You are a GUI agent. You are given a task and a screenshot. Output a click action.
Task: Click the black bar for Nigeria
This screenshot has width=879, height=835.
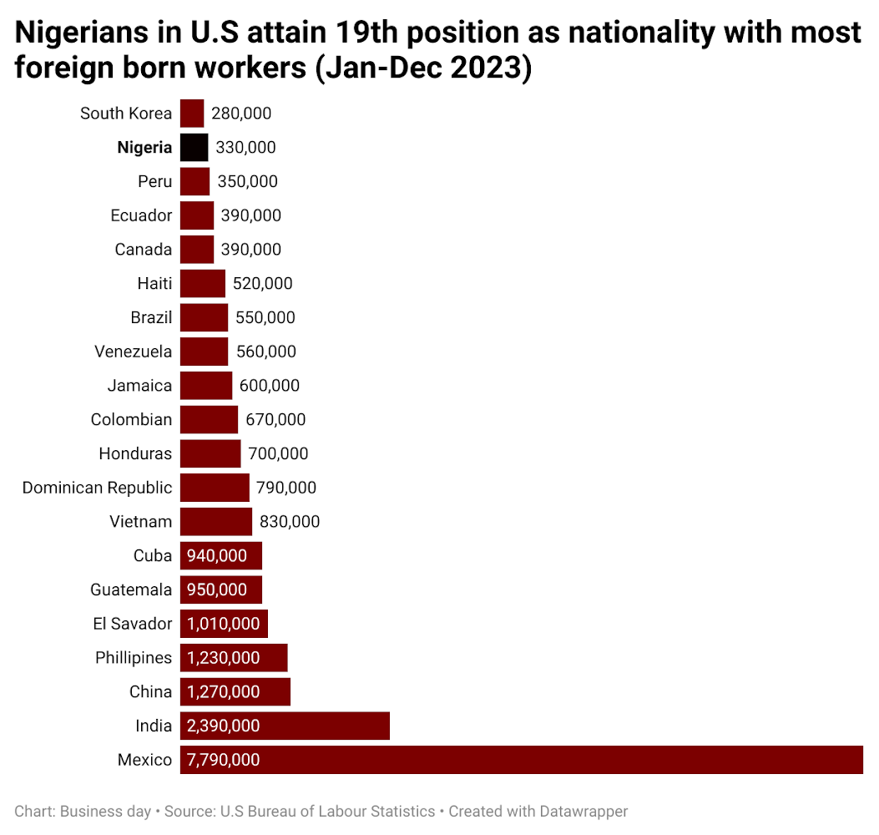pyautogui.click(x=194, y=148)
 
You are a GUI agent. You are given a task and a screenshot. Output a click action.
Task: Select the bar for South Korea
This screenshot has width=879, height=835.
pyautogui.click(x=192, y=114)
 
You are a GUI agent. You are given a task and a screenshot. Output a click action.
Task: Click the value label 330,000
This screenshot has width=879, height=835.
pyautogui.click(x=245, y=148)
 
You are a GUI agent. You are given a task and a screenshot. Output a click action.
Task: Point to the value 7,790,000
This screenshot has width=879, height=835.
pyautogui.click(x=223, y=760)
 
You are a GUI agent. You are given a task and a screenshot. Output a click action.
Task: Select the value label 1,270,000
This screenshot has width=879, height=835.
pyautogui.click(x=223, y=692)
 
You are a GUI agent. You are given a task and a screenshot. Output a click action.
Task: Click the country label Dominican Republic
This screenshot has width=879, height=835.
pyautogui.click(x=97, y=488)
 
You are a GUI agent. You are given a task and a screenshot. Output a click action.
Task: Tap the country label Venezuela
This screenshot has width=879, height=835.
pyautogui.click(x=134, y=352)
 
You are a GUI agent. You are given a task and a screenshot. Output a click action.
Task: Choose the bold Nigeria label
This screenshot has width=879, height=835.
pyautogui.click(x=144, y=148)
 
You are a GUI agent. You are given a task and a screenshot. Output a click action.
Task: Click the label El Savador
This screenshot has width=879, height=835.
pyautogui.click(x=133, y=624)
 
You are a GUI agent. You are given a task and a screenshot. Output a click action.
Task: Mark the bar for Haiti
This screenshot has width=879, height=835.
pyautogui.click(x=203, y=284)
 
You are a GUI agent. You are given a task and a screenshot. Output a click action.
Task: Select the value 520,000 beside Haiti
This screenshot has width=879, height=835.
pyautogui.click(x=263, y=284)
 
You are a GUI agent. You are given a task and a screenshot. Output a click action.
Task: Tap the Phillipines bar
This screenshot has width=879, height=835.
pyautogui.click(x=234, y=658)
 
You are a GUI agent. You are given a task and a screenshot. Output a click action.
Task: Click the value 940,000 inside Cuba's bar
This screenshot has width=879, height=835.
pyautogui.click(x=217, y=556)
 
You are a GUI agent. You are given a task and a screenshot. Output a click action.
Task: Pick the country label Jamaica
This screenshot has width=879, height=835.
pyautogui.click(x=139, y=386)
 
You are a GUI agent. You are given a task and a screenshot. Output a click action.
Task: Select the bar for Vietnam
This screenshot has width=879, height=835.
pyautogui.click(x=215, y=522)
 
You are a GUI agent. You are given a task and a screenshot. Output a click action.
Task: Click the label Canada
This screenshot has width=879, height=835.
pyautogui.click(x=144, y=250)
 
